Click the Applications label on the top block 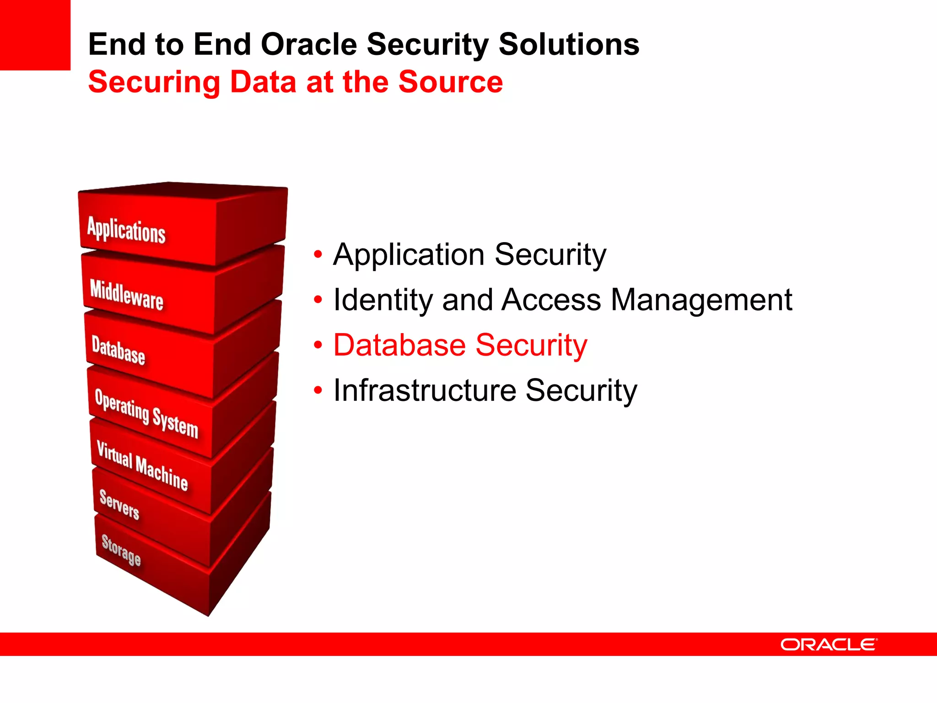[x=126, y=230]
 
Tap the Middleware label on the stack [x=127, y=295]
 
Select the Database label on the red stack [x=118, y=350]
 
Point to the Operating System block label [x=146, y=413]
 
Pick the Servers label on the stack [x=119, y=504]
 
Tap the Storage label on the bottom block [x=121, y=550]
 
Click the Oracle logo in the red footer [x=829, y=644]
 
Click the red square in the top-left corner [x=35, y=35]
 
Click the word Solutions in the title [x=569, y=44]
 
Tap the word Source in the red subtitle [x=450, y=82]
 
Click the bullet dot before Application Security [x=318, y=254]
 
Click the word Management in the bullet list [x=701, y=300]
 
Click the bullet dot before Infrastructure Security [x=318, y=390]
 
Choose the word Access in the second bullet [x=551, y=300]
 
